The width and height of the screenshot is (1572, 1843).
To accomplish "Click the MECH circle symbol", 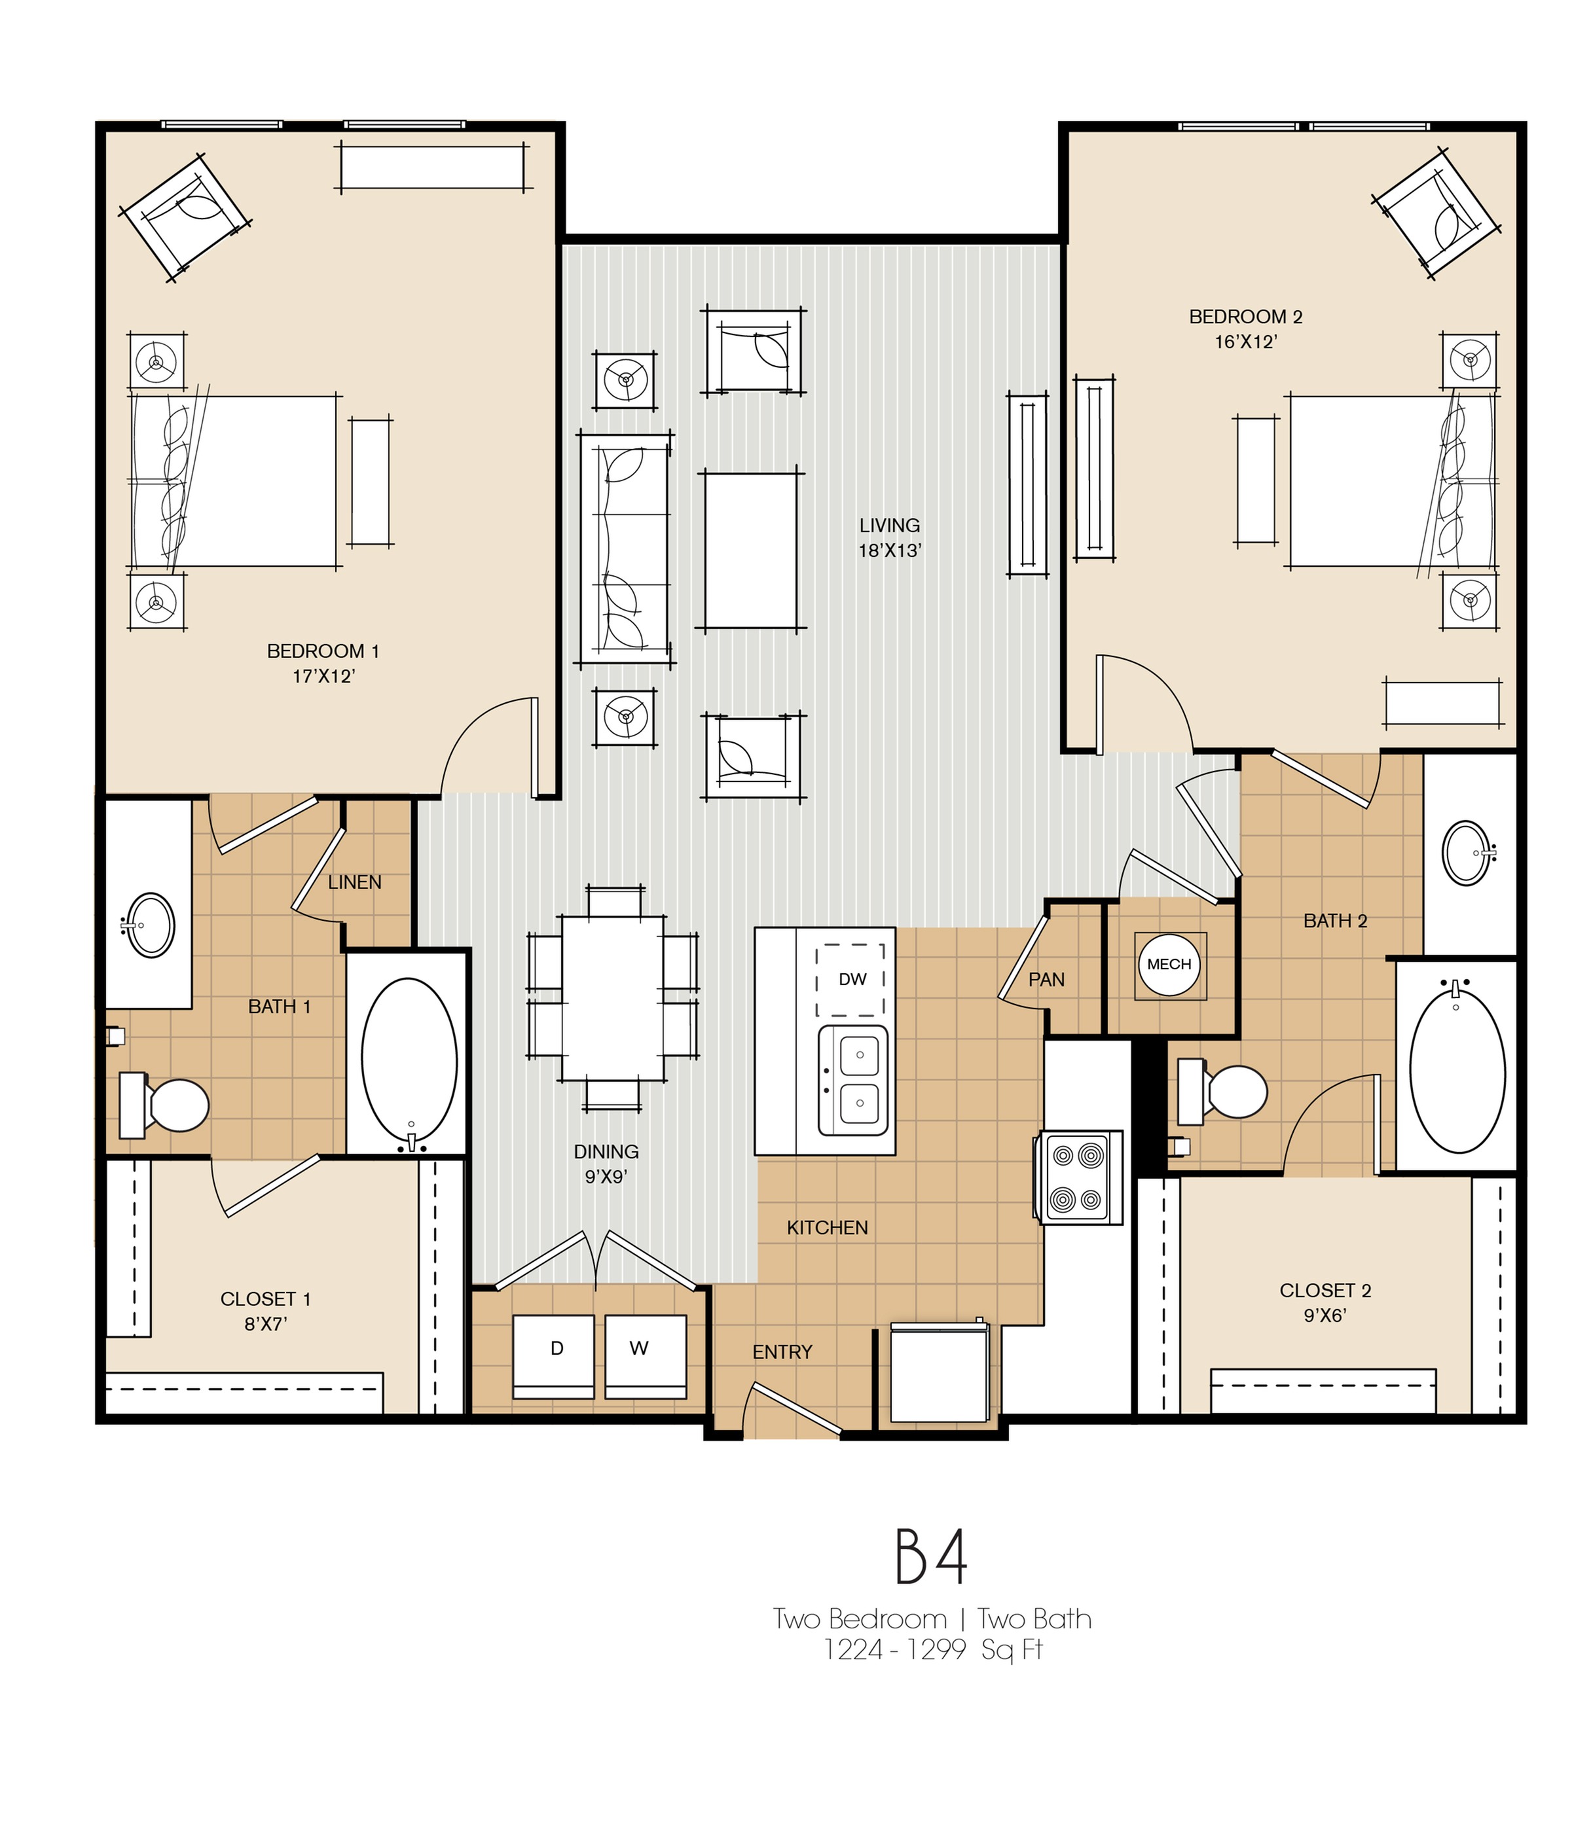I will coord(1168,964).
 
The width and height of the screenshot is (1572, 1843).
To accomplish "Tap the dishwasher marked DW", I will coord(850,979).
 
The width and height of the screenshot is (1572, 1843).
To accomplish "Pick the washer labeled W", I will coord(645,1355).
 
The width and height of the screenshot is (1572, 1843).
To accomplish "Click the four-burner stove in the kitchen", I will coord(1078,1177).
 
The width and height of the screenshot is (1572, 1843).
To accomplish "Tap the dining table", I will coord(612,998).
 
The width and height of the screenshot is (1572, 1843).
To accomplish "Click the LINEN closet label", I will coord(354,882).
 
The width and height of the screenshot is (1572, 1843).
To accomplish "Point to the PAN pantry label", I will coord(1046,979).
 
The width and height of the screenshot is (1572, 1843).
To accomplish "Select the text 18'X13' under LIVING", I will coord(888,550).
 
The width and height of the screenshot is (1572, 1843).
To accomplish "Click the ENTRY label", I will coord(782,1352).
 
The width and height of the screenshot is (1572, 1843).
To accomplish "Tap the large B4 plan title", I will coord(930,1558).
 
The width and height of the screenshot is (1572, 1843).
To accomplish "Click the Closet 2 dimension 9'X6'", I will coord(1325,1315).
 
